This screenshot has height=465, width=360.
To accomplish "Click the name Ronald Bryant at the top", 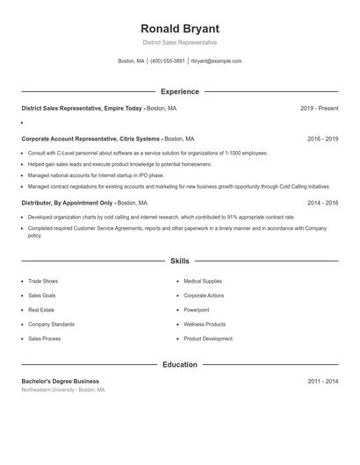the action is (x=180, y=28).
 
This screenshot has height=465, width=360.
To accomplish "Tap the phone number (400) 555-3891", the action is (x=167, y=61).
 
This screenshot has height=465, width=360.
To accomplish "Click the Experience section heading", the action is (x=180, y=91).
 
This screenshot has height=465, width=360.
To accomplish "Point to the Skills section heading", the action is (x=180, y=261).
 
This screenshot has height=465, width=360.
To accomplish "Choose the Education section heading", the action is (x=180, y=364).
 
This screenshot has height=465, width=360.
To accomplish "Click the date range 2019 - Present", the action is (x=319, y=109).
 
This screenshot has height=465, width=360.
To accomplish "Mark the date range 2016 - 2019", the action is (x=322, y=139).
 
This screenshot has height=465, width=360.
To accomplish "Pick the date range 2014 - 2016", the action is (x=322, y=203).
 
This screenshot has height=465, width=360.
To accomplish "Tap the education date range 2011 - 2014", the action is (x=322, y=382).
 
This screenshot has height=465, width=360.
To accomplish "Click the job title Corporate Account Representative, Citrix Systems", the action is (x=90, y=139).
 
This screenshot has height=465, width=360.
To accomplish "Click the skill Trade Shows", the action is (x=43, y=282).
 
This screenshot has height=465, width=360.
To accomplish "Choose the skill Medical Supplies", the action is (x=204, y=282).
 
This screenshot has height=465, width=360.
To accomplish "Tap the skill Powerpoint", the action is (x=197, y=310).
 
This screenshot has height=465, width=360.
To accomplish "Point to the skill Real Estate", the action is (x=41, y=310).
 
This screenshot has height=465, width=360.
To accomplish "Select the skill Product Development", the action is (x=208, y=339).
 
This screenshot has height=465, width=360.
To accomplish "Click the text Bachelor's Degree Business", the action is (x=61, y=382).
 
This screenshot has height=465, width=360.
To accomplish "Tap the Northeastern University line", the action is (x=63, y=390).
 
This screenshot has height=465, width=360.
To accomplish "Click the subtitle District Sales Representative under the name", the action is (x=180, y=42).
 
